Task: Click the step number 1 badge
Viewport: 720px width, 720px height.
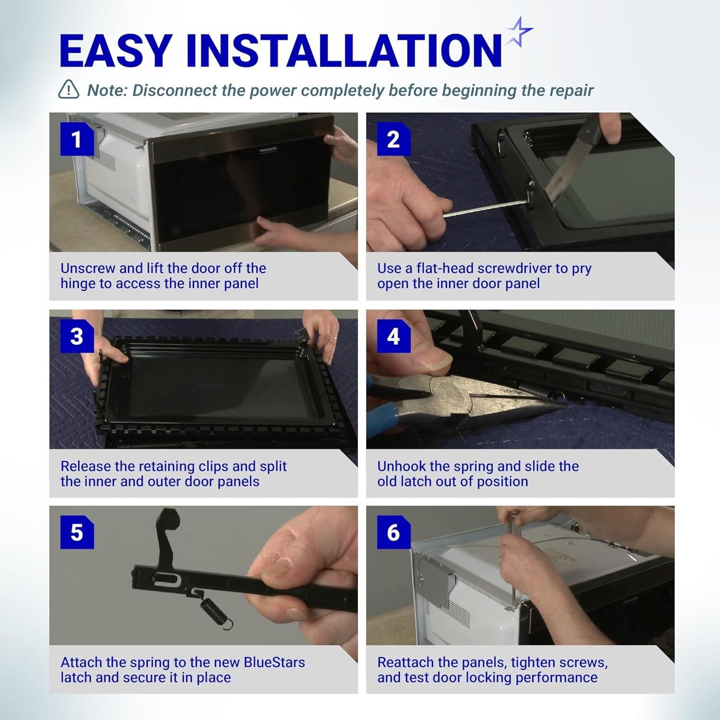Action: (77, 139)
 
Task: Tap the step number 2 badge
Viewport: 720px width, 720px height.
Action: (394, 139)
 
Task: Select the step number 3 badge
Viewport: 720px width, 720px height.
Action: (77, 336)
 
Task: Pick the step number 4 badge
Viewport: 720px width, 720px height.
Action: (394, 336)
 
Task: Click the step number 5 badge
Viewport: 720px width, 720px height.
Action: (77, 532)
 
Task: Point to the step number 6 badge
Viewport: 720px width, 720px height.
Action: (394, 532)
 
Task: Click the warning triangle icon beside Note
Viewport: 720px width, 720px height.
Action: (69, 89)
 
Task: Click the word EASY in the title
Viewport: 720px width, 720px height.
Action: (116, 50)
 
